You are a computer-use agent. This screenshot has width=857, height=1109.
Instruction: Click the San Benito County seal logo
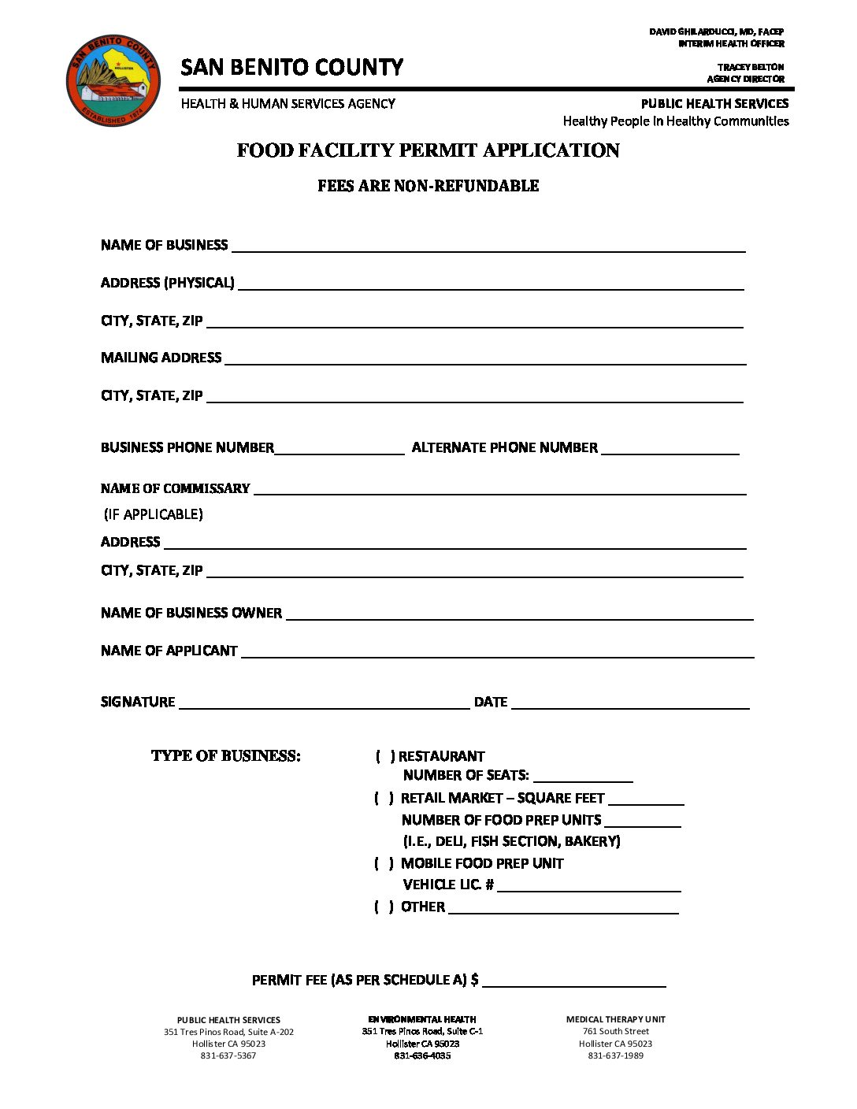pos(113,79)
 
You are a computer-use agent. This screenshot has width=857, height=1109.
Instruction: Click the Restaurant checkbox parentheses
pos(385,756)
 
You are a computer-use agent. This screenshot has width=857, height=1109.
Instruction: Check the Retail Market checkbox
pos(384,798)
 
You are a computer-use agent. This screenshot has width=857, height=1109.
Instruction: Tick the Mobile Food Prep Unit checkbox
pos(384,863)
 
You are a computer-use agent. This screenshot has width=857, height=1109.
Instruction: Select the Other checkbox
pos(384,907)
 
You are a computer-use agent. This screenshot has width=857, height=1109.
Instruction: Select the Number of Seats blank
pos(583,777)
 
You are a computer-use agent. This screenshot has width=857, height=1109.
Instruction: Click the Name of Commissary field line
pos(499,491)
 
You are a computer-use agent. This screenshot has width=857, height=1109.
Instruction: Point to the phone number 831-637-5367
pos(228,1055)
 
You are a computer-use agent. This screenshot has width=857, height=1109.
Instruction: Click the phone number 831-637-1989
pos(615,1055)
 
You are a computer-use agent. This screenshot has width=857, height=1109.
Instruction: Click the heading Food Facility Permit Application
pos(428,150)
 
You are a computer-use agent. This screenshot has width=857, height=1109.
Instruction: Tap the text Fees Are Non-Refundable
pos(428,186)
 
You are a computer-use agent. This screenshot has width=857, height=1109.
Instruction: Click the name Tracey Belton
pos(751,68)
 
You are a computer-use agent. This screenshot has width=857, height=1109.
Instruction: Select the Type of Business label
pos(226,756)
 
